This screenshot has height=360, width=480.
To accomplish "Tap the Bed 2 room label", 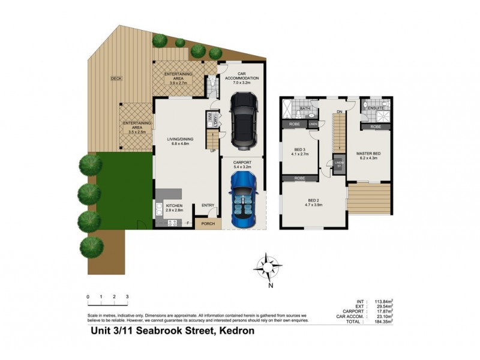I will (313, 202).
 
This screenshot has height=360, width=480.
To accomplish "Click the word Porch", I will (208, 224).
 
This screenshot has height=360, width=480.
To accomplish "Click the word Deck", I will (116, 79).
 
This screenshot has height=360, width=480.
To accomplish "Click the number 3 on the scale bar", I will (127, 297).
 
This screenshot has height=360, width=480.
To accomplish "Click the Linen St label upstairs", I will (339, 164).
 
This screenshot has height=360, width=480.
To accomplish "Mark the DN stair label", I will (339, 111).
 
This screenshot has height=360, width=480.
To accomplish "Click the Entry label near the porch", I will (208, 205).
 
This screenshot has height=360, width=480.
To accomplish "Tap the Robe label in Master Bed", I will (375, 127).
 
